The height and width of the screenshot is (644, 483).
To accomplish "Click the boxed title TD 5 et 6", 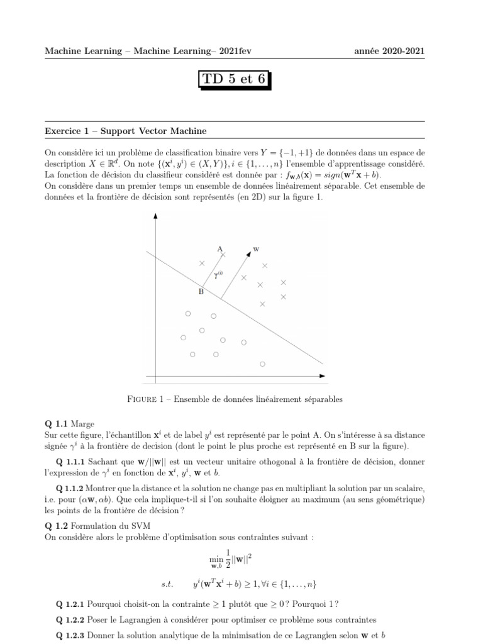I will [x=237, y=79].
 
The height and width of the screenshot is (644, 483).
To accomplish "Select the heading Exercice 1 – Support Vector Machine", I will [x=126, y=131].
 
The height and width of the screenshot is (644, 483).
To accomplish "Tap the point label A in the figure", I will [x=219, y=248].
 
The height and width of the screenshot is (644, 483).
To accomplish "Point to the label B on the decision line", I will [x=201, y=292].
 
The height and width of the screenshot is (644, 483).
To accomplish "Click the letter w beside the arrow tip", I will [x=255, y=248].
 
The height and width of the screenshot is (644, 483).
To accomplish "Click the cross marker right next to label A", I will [x=223, y=255].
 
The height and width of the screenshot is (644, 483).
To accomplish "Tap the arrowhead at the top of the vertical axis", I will [x=155, y=217].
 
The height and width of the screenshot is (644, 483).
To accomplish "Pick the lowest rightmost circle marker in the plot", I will [x=263, y=364].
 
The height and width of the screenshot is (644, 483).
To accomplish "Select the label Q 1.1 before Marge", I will [x=57, y=424].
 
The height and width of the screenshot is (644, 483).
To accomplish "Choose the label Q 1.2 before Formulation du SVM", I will [x=57, y=526].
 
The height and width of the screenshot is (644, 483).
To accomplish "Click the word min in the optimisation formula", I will [x=216, y=557].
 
